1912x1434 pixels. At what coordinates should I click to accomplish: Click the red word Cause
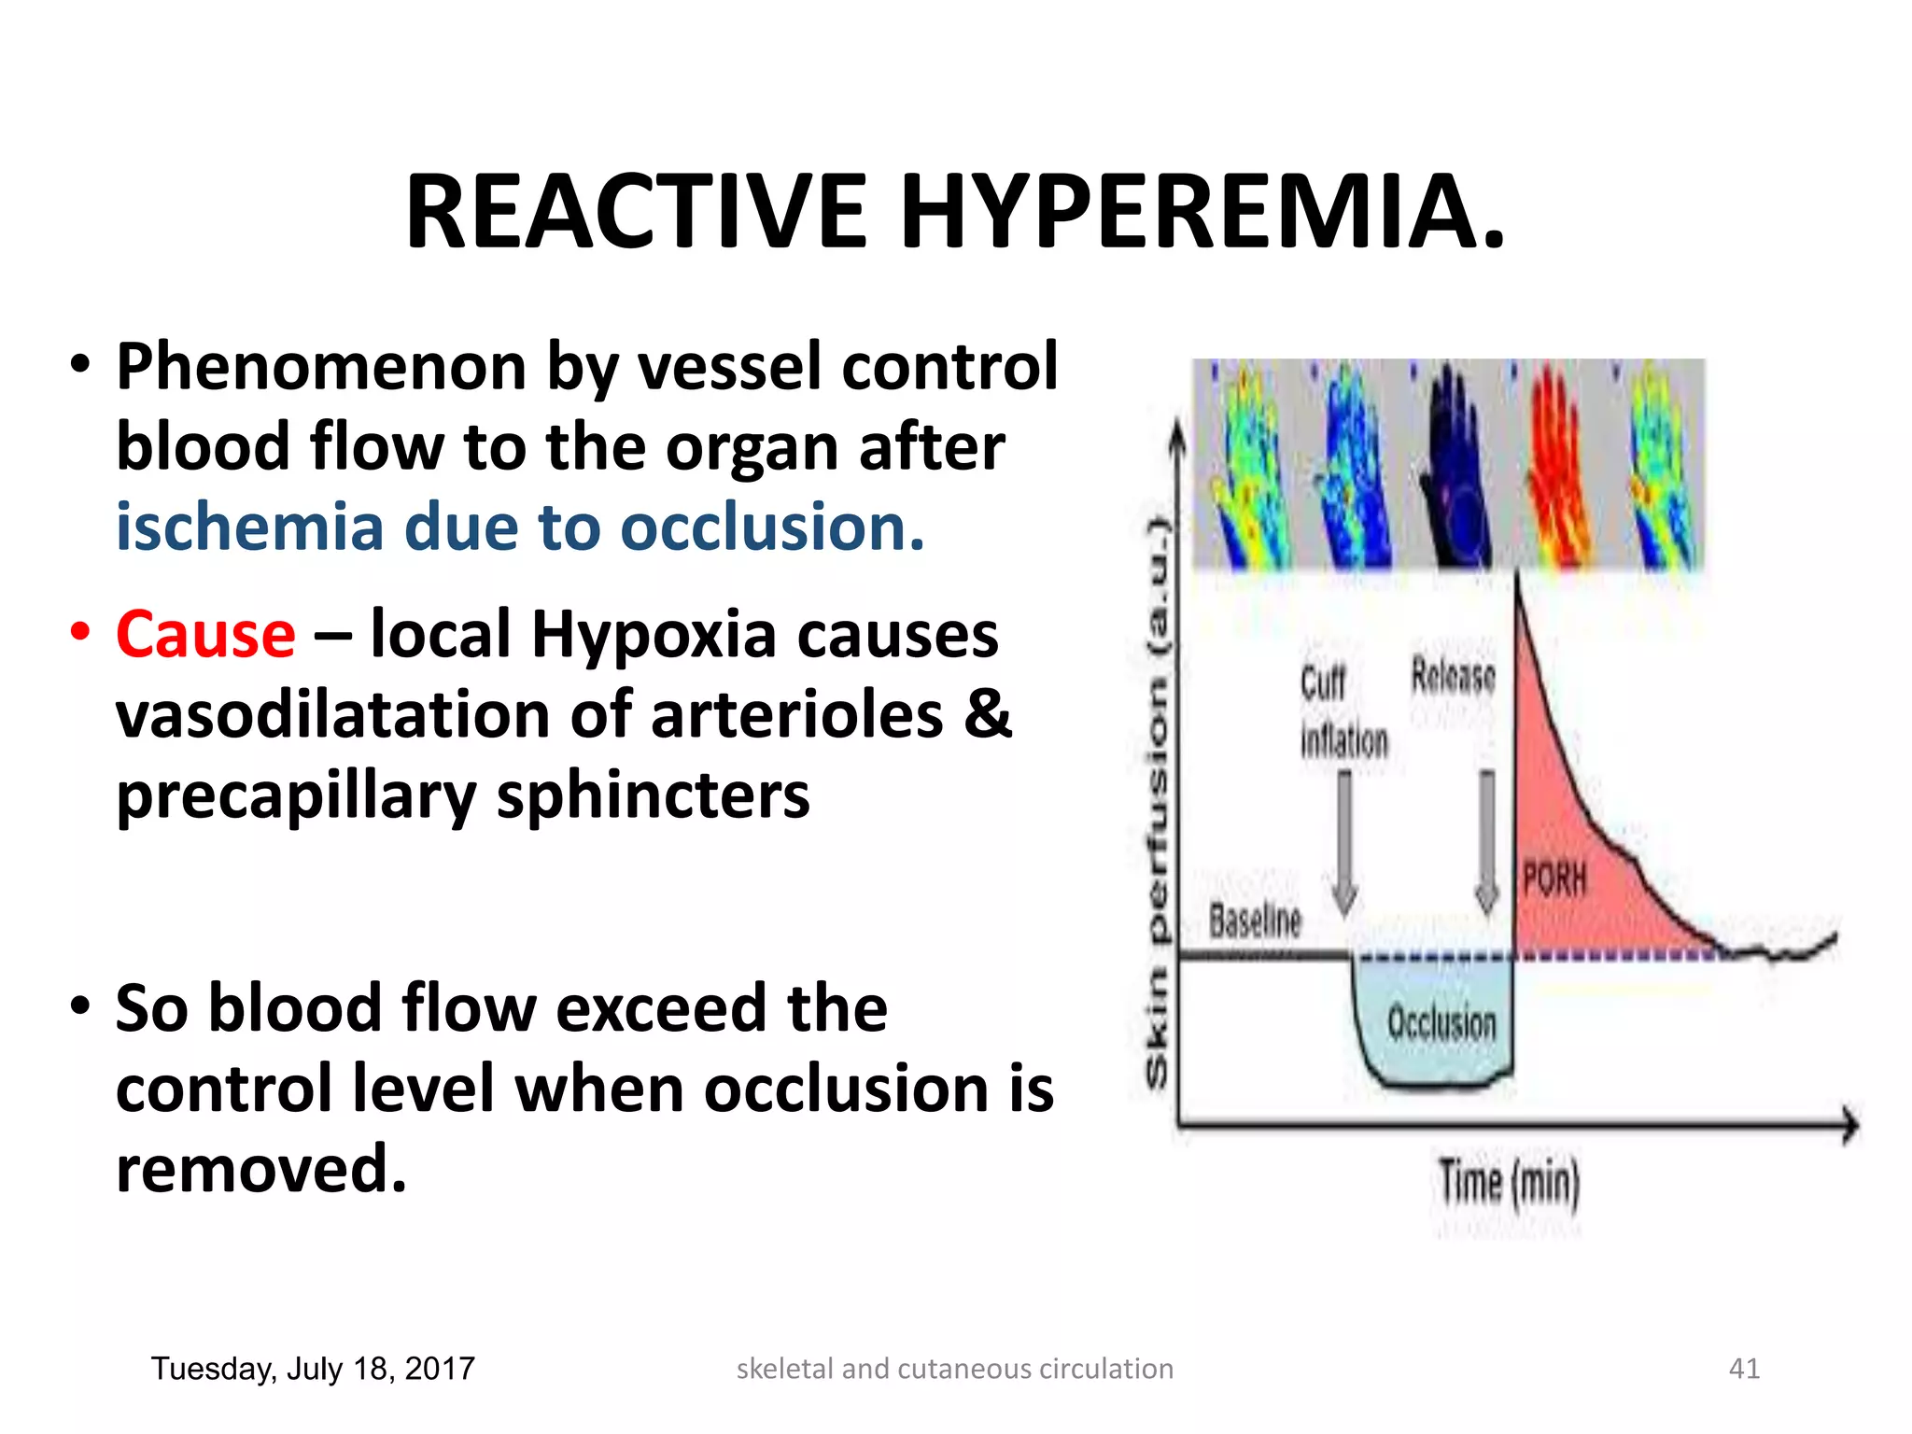[205, 635]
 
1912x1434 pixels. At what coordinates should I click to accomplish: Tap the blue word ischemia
[250, 527]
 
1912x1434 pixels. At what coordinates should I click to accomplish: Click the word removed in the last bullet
[261, 1169]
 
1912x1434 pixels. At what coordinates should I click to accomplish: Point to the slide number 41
[1744, 1369]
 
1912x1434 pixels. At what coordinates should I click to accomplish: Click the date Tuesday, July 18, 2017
[313, 1369]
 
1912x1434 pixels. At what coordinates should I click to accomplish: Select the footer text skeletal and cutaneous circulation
[954, 1369]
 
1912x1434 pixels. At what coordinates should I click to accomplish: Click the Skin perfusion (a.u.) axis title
[1158, 803]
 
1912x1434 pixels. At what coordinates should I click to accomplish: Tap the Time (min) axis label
[1509, 1182]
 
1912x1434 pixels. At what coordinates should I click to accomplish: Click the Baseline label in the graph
[1255, 921]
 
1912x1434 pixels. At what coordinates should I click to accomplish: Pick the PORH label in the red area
[1554, 879]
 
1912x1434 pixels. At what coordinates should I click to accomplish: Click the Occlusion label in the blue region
[1441, 1022]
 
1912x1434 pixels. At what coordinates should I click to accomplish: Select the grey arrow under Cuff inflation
[1344, 840]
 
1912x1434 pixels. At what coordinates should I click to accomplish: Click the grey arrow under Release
[1486, 840]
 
